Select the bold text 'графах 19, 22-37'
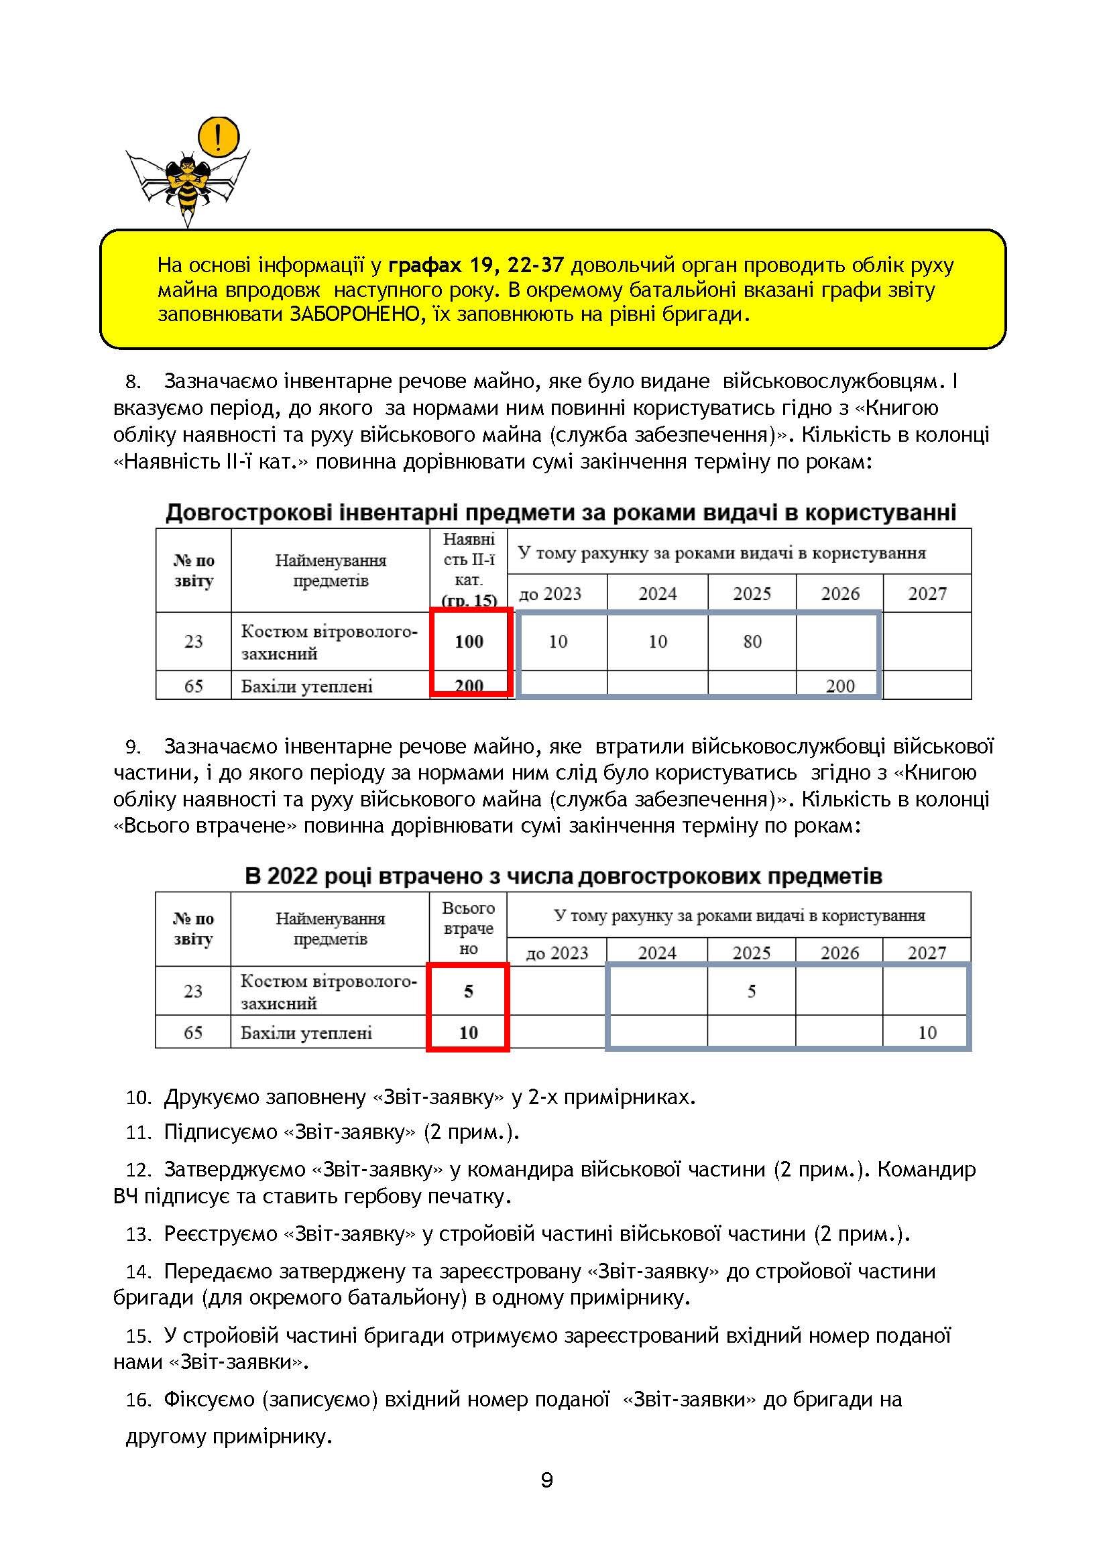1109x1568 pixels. [476, 265]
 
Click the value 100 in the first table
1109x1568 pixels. [469, 642]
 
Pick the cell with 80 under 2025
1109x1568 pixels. [752, 642]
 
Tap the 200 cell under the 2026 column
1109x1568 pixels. [840, 686]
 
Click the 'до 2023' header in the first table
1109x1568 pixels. [550, 593]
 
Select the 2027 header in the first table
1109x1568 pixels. [927, 593]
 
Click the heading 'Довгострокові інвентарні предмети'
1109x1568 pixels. [560, 512]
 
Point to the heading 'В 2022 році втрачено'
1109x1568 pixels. [563, 876]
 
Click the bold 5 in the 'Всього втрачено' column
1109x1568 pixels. [469, 991]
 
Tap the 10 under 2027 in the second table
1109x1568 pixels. [927, 1032]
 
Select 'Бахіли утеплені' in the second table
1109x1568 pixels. [306, 1032]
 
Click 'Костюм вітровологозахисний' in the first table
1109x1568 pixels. [329, 642]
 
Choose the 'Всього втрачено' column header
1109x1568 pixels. [469, 928]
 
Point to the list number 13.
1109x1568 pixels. [139, 1235]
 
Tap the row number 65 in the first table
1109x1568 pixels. [193, 686]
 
